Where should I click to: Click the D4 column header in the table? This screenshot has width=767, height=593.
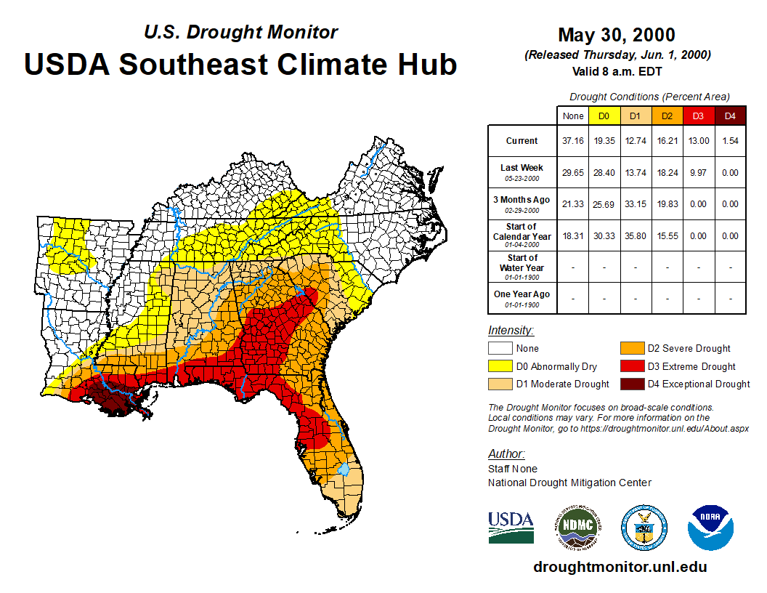[x=730, y=116]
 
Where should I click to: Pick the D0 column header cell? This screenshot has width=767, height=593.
[x=604, y=116]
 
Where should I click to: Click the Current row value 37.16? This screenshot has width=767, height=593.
[x=573, y=141]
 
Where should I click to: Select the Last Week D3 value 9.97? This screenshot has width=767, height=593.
[x=698, y=172]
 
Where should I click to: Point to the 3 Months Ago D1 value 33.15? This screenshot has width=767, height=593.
[x=635, y=204]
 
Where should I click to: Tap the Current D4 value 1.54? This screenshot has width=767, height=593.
[x=730, y=141]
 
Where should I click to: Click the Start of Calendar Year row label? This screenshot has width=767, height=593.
[x=522, y=235]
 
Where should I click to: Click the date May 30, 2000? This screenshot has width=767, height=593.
[x=617, y=35]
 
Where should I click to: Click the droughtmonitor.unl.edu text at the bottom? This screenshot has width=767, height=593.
[x=620, y=567]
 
